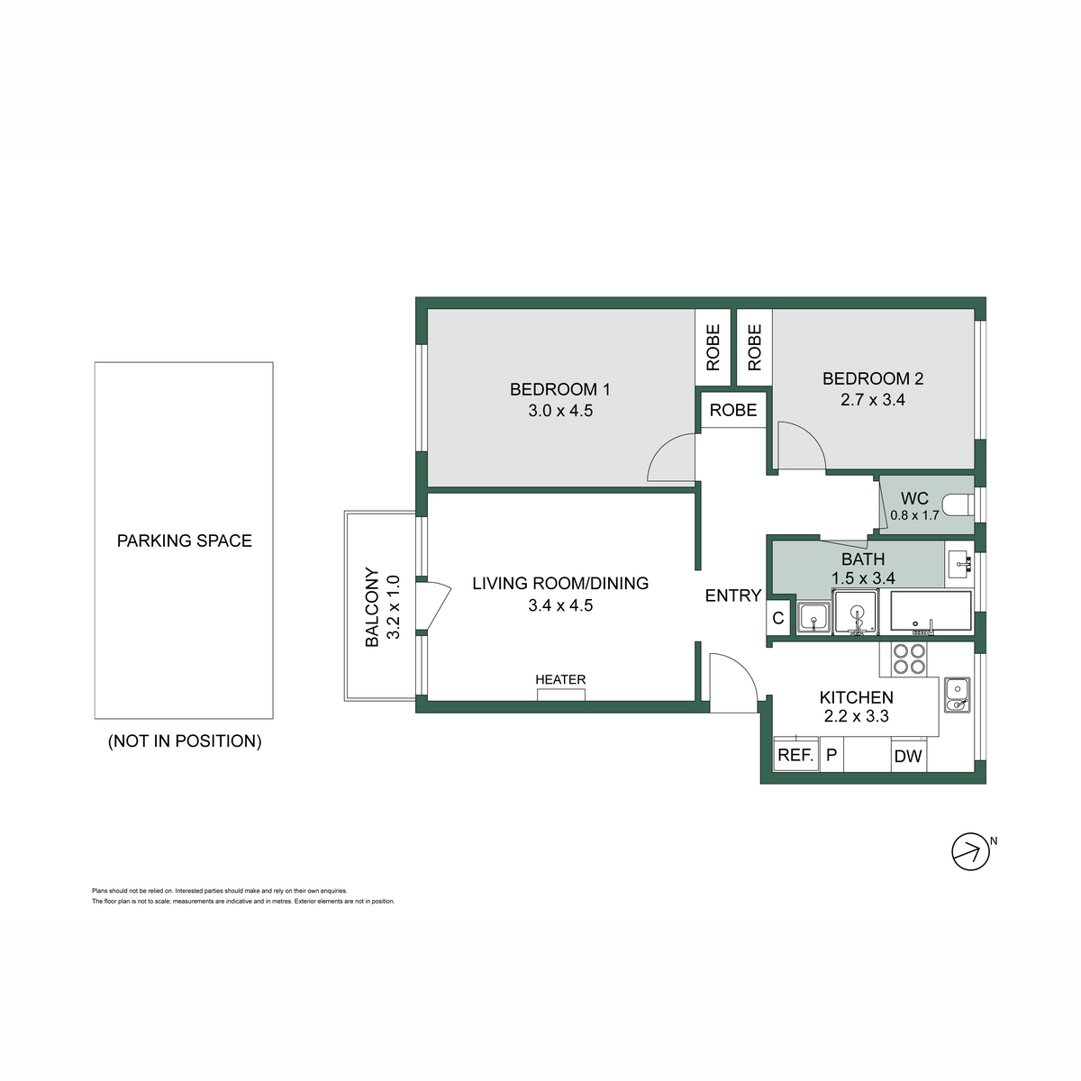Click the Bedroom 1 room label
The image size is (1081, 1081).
coord(559,389)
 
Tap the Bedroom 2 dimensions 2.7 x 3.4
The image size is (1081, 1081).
coord(872,400)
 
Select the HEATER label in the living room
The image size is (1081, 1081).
coord(559,679)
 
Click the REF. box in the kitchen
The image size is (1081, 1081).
coord(796,756)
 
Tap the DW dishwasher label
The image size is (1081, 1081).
coord(908,756)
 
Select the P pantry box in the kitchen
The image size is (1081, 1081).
coord(831,755)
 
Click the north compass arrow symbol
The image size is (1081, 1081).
coord(970,851)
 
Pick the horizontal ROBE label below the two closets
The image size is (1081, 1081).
coord(732,410)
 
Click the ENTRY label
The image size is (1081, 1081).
coord(732,595)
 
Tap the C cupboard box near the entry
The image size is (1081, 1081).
coord(778,618)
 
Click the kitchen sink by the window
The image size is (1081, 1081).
coord(957,695)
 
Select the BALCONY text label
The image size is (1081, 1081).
coord(372,607)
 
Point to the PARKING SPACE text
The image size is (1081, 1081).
coord(184,540)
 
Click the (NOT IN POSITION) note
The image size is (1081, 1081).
coord(185,741)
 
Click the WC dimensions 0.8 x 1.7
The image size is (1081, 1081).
coord(914,515)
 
